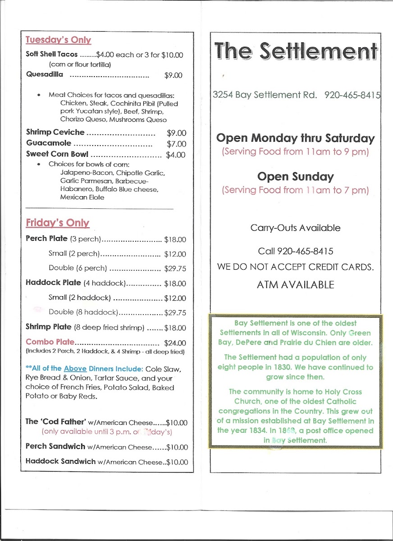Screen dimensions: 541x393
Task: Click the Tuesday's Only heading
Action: (x=58, y=40)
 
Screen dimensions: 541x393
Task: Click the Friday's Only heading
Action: (x=57, y=223)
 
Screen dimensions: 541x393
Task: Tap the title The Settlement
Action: (x=295, y=51)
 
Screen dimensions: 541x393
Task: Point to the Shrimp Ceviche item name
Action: (x=55, y=133)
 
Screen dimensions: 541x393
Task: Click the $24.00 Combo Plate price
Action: (x=175, y=343)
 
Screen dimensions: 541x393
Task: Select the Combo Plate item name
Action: (x=50, y=342)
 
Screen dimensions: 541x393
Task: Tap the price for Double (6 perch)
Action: (x=175, y=269)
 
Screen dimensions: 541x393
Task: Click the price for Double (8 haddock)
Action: (x=175, y=312)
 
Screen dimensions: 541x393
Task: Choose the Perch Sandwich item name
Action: (x=55, y=446)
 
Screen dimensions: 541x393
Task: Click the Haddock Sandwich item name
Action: (x=60, y=462)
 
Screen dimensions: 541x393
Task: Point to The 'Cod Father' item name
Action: (x=56, y=422)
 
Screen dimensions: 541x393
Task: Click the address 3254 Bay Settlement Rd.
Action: (x=265, y=95)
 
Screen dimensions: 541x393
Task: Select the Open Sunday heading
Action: (x=295, y=176)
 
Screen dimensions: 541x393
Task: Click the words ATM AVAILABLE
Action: (x=295, y=285)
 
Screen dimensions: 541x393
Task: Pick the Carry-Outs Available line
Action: (x=295, y=228)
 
